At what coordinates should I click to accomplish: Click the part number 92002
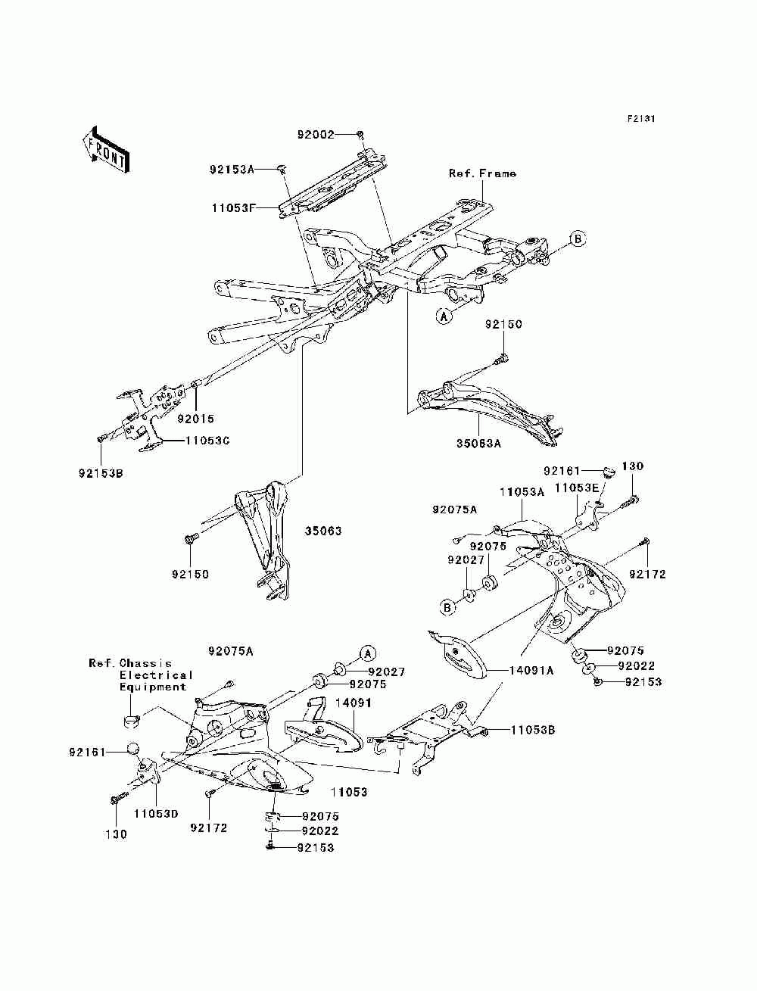point(316,135)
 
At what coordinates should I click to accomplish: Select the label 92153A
point(232,170)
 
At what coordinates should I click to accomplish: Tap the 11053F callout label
point(233,205)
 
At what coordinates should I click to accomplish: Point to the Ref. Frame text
point(482,173)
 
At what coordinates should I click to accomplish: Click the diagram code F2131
point(640,119)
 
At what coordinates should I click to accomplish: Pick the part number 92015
point(196,419)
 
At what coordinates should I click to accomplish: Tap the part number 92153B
point(100,474)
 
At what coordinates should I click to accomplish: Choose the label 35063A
point(478,444)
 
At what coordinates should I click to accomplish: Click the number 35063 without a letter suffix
point(323,531)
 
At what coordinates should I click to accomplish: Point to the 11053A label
point(522,491)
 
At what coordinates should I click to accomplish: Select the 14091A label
point(531,670)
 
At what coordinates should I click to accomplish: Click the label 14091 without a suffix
point(349,703)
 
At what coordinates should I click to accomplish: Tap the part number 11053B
point(533,731)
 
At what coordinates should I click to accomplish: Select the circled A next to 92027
point(367,653)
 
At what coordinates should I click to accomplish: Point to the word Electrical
point(156,675)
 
